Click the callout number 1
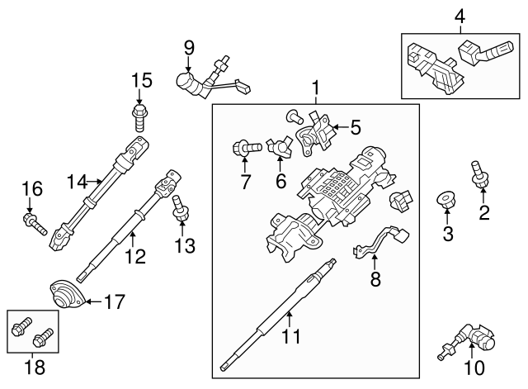[x=314, y=87]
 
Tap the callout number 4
[x=460, y=15]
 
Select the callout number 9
[x=189, y=49]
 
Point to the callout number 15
[x=142, y=80]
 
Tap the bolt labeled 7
[x=245, y=149]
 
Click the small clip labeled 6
[x=280, y=149]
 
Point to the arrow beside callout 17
[x=92, y=302]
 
